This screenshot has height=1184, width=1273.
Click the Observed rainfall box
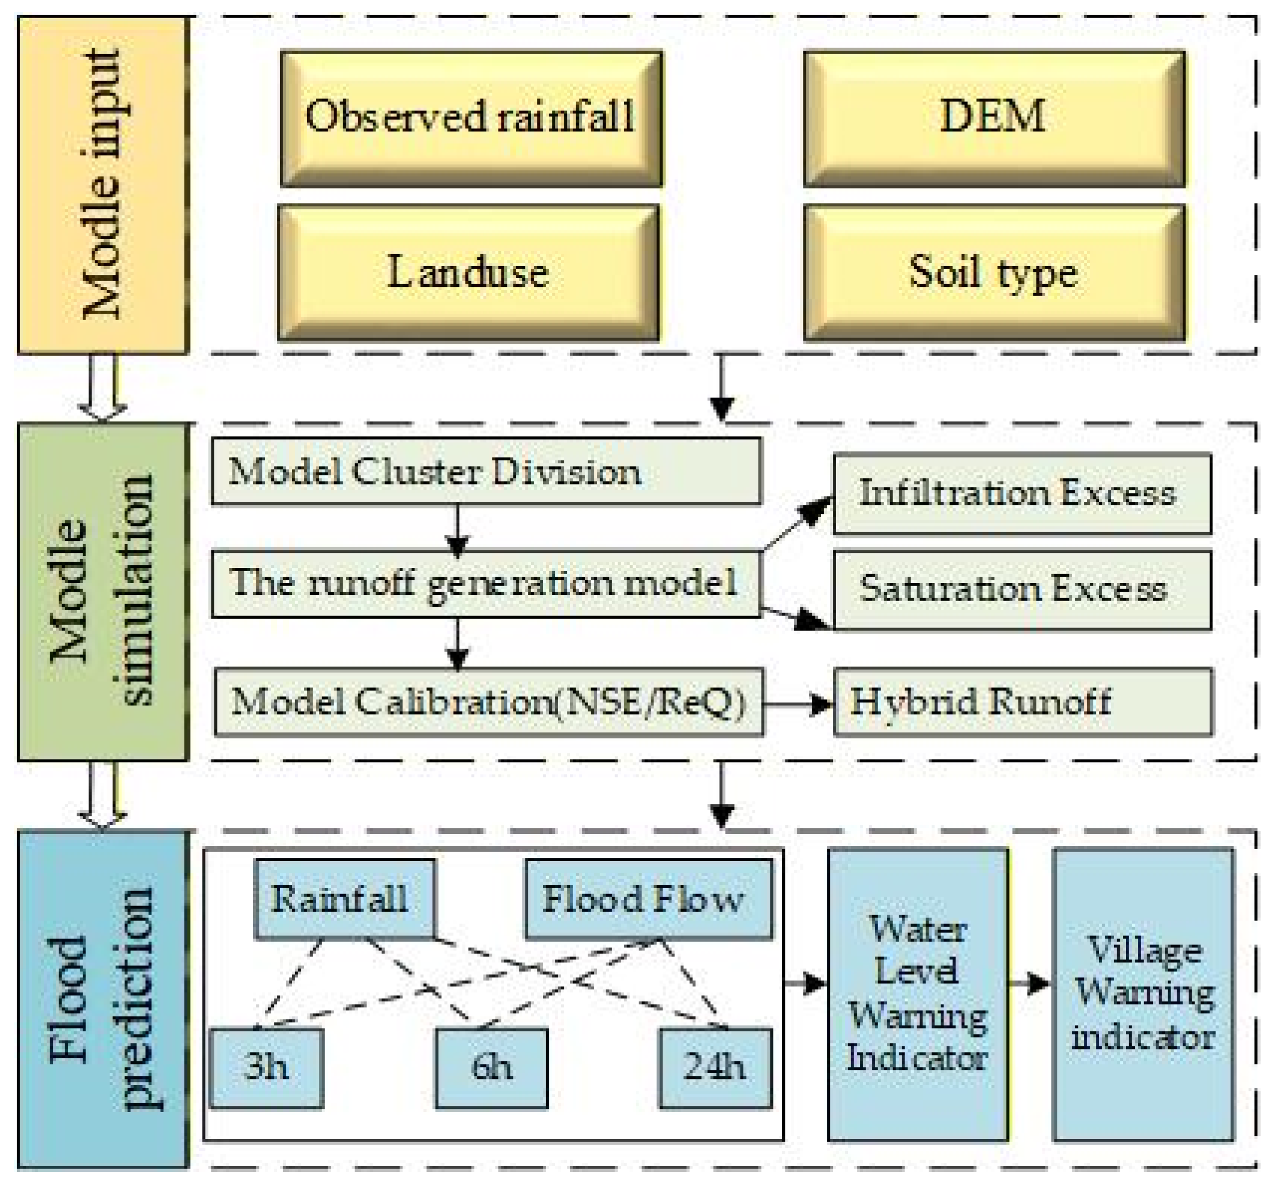tap(471, 119)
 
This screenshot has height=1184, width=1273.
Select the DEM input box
tap(994, 119)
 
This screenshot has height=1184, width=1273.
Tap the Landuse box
tap(469, 272)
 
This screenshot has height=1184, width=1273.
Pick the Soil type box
tap(994, 272)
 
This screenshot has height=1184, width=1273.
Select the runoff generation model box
tap(487, 583)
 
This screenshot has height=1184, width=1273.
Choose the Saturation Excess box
tap(1022, 590)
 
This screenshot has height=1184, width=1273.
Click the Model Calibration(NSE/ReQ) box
tap(489, 703)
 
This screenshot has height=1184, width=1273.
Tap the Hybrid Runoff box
tap(1022, 703)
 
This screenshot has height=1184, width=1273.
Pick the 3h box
tap(267, 1068)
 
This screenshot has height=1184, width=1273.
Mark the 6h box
tap(492, 1068)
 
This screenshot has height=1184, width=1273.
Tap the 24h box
tap(715, 1068)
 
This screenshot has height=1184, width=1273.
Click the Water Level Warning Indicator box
tap(918, 995)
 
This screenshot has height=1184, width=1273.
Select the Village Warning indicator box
tap(1143, 995)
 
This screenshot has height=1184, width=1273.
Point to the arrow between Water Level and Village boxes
tap(1030, 983)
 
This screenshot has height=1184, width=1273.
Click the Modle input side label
tap(103, 185)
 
